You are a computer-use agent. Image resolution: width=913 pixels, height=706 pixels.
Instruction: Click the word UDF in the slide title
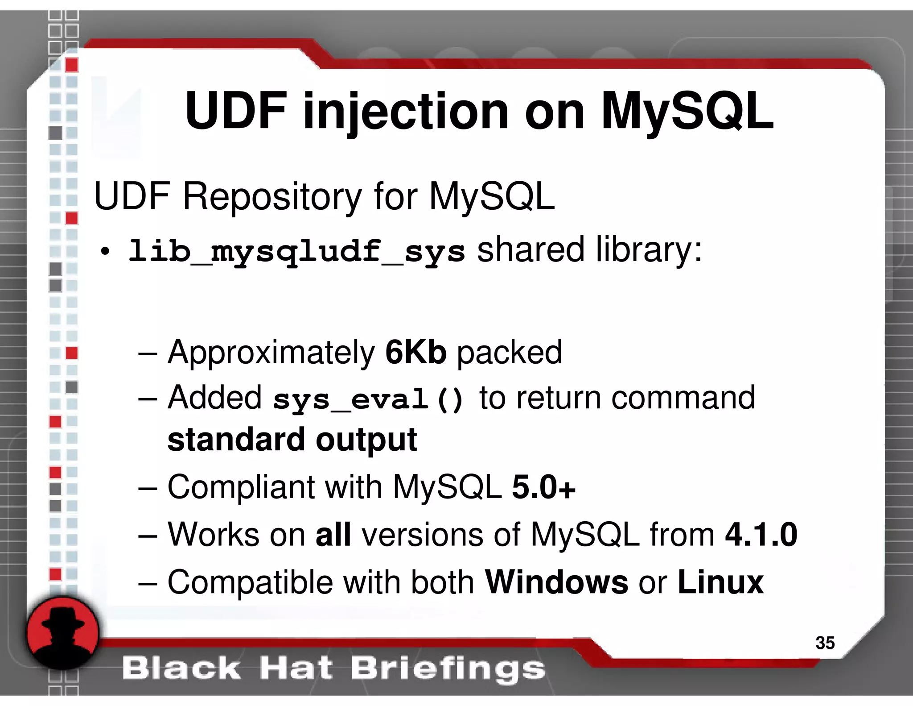(x=236, y=111)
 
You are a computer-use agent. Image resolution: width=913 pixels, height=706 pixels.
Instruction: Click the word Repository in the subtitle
(x=272, y=197)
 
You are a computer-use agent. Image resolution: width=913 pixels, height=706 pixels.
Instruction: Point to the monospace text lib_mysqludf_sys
(x=297, y=251)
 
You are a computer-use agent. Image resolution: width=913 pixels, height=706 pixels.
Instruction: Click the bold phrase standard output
(x=292, y=440)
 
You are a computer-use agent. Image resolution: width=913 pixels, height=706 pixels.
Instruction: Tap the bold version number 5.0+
(x=543, y=487)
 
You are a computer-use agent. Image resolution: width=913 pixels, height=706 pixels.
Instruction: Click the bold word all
(x=333, y=534)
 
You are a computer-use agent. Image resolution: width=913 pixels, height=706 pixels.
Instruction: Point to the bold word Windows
(x=556, y=582)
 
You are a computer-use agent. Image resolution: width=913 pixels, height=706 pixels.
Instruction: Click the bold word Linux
(x=720, y=582)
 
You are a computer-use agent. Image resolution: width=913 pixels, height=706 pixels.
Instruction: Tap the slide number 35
(x=825, y=643)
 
